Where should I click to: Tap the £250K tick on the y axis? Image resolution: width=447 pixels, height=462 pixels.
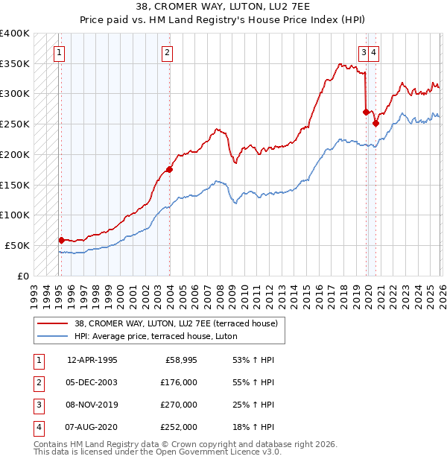click(15, 124)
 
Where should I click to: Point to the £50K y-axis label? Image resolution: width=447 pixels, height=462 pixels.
click(17, 245)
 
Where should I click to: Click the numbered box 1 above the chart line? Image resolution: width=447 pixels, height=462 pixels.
click(59, 52)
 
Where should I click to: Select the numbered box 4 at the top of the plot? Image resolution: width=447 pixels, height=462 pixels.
click(372, 52)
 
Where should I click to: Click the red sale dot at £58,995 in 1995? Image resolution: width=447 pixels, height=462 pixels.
click(61, 240)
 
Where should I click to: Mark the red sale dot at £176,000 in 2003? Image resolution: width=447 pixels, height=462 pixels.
click(169, 169)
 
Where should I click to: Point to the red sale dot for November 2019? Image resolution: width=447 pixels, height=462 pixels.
click(366, 112)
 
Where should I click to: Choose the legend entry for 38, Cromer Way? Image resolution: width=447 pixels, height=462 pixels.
click(176, 323)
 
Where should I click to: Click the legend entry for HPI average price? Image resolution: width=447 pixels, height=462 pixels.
click(155, 336)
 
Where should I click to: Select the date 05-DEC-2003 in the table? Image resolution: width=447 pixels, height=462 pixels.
click(92, 382)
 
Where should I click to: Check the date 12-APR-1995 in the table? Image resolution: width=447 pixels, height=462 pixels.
click(92, 359)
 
